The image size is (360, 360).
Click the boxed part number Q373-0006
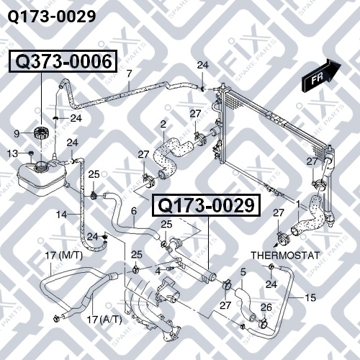click(63, 61)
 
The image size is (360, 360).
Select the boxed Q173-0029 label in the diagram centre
click(207, 206)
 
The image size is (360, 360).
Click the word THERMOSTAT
click(285, 256)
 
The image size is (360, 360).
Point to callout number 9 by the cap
click(17, 133)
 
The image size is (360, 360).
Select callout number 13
click(12, 153)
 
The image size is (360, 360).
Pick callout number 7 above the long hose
click(130, 73)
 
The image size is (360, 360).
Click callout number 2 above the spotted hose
click(163, 124)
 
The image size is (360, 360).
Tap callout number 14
click(61, 215)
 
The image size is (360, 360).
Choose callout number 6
click(134, 211)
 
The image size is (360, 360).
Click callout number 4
click(158, 271)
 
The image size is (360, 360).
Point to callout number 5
click(243, 272)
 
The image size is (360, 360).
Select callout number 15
click(310, 297)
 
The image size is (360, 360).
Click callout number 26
click(266, 307)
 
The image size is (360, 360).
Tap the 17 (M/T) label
click(64, 256)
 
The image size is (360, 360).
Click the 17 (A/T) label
click(104, 320)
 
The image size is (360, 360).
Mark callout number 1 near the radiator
click(298, 204)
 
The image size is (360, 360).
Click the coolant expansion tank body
click(41, 178)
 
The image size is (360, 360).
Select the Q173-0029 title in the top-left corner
click(52, 17)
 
